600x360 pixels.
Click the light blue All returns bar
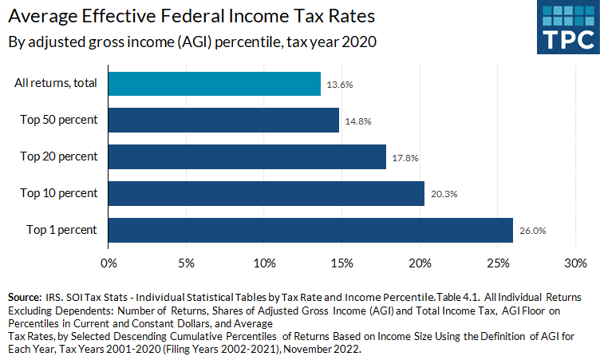pos(214,84)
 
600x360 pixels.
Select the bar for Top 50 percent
pos(223,121)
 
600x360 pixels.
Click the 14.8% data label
pos(357,121)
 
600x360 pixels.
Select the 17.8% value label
pos(405,157)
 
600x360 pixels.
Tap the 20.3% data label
pos(444,194)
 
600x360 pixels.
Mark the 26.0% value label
pos(533,231)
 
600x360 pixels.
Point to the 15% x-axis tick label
pos(342,262)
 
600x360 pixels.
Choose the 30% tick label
pos(576,262)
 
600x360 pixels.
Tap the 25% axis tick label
pos(499,262)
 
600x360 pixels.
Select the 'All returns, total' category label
pos(56,84)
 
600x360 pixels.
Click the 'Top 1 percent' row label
pos(61,230)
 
